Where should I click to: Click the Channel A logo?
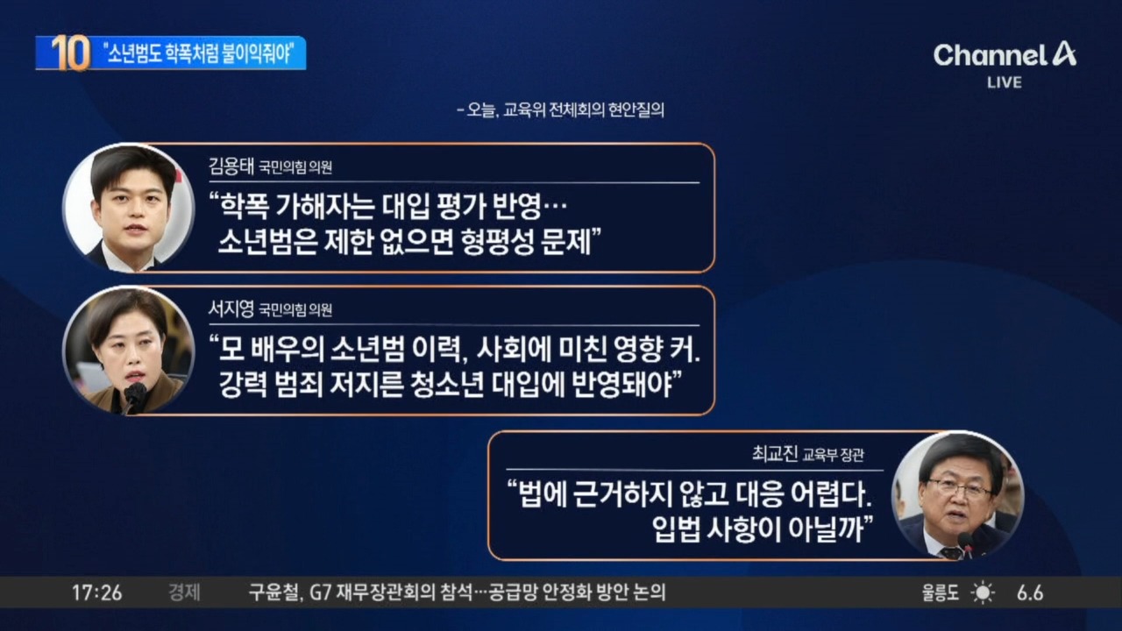point(1005,55)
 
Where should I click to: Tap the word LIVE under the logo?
point(1005,82)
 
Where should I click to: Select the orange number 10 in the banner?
point(70,53)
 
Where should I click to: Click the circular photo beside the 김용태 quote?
point(128,208)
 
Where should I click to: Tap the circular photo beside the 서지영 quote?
point(128,351)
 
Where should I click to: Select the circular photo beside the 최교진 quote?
point(956,495)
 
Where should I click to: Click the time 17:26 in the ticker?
point(96,593)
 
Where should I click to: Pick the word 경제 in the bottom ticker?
point(184,593)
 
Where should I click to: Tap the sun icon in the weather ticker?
point(983,593)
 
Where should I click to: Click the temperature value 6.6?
point(1030,593)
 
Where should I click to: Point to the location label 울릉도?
point(941,593)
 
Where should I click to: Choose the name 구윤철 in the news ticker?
point(273,593)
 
